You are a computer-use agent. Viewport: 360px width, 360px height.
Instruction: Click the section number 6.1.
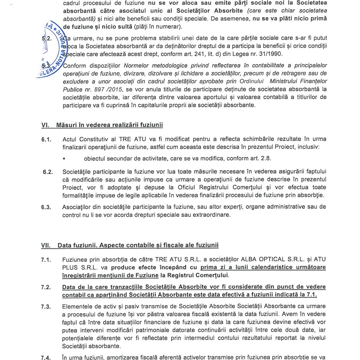pos(46,140)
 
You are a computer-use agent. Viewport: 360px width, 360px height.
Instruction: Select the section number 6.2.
pos(47,172)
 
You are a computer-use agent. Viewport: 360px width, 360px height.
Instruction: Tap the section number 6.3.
pos(46,207)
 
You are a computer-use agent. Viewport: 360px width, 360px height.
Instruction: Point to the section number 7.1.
pos(46,260)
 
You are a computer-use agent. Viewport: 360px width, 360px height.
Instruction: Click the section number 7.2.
pos(46,287)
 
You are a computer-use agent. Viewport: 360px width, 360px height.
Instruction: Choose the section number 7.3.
pos(46,307)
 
